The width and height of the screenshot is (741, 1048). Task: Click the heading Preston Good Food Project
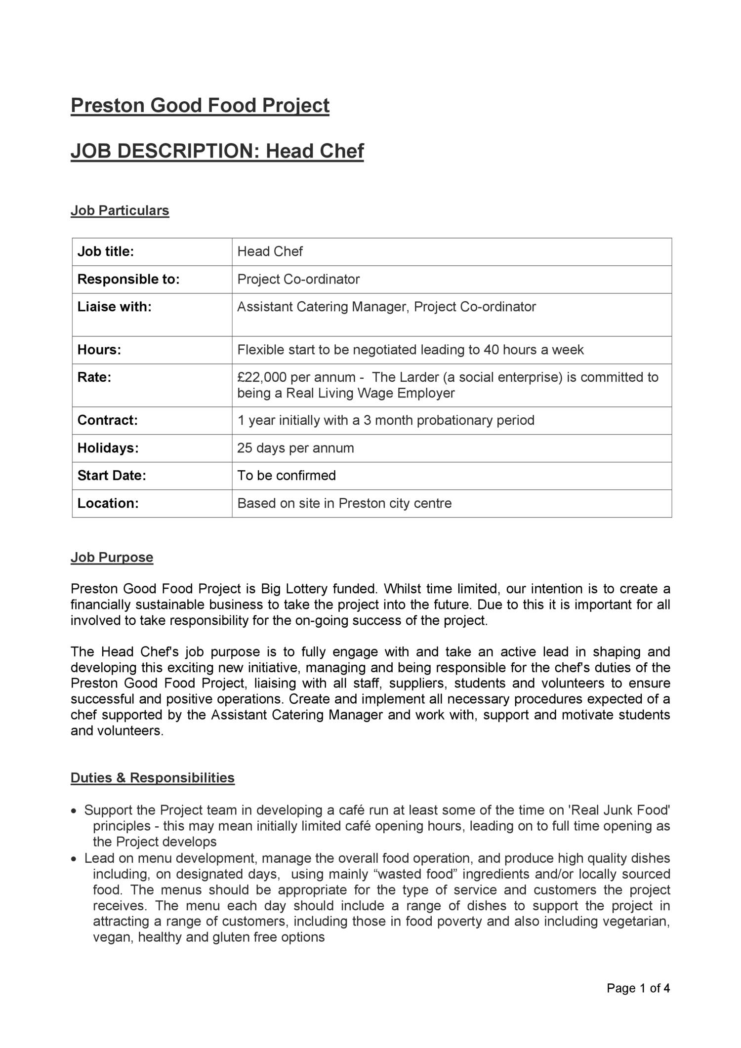tap(200, 106)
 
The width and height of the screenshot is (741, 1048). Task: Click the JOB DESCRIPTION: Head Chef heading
tap(217, 151)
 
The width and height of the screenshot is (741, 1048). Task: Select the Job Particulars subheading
tap(120, 210)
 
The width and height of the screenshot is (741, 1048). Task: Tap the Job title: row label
tap(106, 252)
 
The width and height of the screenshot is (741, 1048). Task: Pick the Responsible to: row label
tap(128, 280)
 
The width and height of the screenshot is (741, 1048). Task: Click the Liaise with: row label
tap(114, 307)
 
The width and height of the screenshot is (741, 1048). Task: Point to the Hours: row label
tap(99, 350)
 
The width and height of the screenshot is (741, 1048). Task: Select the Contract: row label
tap(107, 421)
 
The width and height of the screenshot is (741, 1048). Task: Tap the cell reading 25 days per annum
tap(295, 448)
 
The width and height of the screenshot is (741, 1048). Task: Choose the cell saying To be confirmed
tap(287, 476)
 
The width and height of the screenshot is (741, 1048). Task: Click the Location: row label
tap(108, 504)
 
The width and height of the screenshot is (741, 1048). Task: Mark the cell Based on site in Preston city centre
tap(344, 504)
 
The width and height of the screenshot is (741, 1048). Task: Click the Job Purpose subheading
tap(112, 558)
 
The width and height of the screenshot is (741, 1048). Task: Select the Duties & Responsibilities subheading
tap(152, 778)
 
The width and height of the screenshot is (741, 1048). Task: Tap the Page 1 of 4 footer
tap(638, 988)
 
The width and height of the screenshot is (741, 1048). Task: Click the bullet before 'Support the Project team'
tap(74, 811)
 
